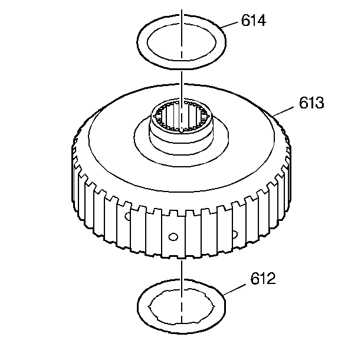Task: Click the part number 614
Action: tap(254, 21)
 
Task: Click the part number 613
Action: tap(311, 104)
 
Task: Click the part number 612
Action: tap(263, 279)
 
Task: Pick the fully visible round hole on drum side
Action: tap(173, 236)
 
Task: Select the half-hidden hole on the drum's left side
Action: tap(127, 217)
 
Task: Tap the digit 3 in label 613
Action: tap(320, 104)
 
